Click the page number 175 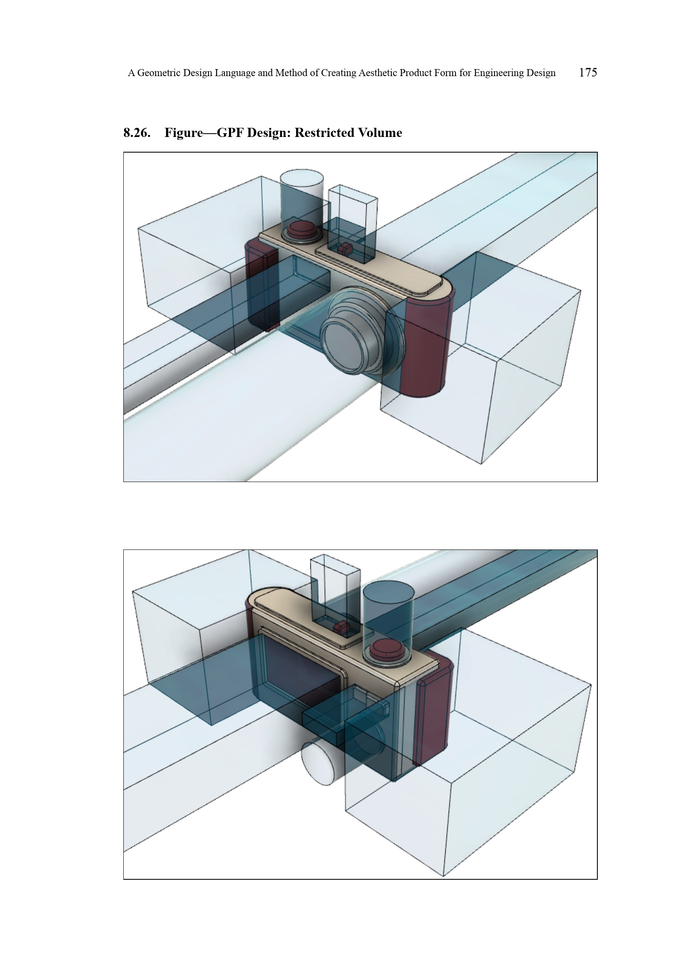click(x=588, y=72)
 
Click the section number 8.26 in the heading click(x=137, y=133)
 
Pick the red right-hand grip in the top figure click(x=425, y=345)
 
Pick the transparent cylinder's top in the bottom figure click(x=389, y=591)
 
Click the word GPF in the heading click(x=230, y=133)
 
